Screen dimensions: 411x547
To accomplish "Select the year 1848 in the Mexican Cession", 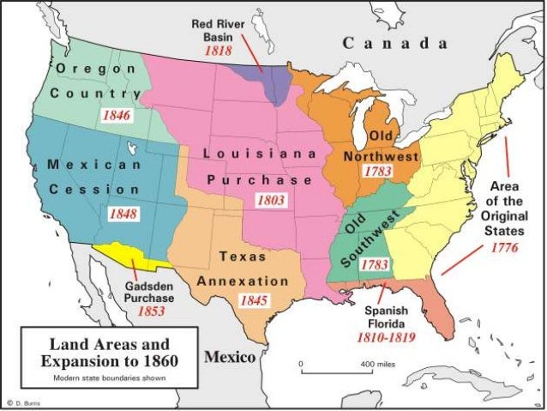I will coord(123,213).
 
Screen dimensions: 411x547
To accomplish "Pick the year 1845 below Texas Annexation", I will coord(255,300).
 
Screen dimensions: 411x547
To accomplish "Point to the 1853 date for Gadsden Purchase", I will coord(151,311).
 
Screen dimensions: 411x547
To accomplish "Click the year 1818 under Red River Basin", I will coord(219,51).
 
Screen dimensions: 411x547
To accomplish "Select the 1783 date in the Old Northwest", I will coord(376,172).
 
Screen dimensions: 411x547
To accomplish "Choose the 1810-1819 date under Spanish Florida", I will coord(385,338).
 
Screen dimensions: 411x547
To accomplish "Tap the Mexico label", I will coord(230,356).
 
